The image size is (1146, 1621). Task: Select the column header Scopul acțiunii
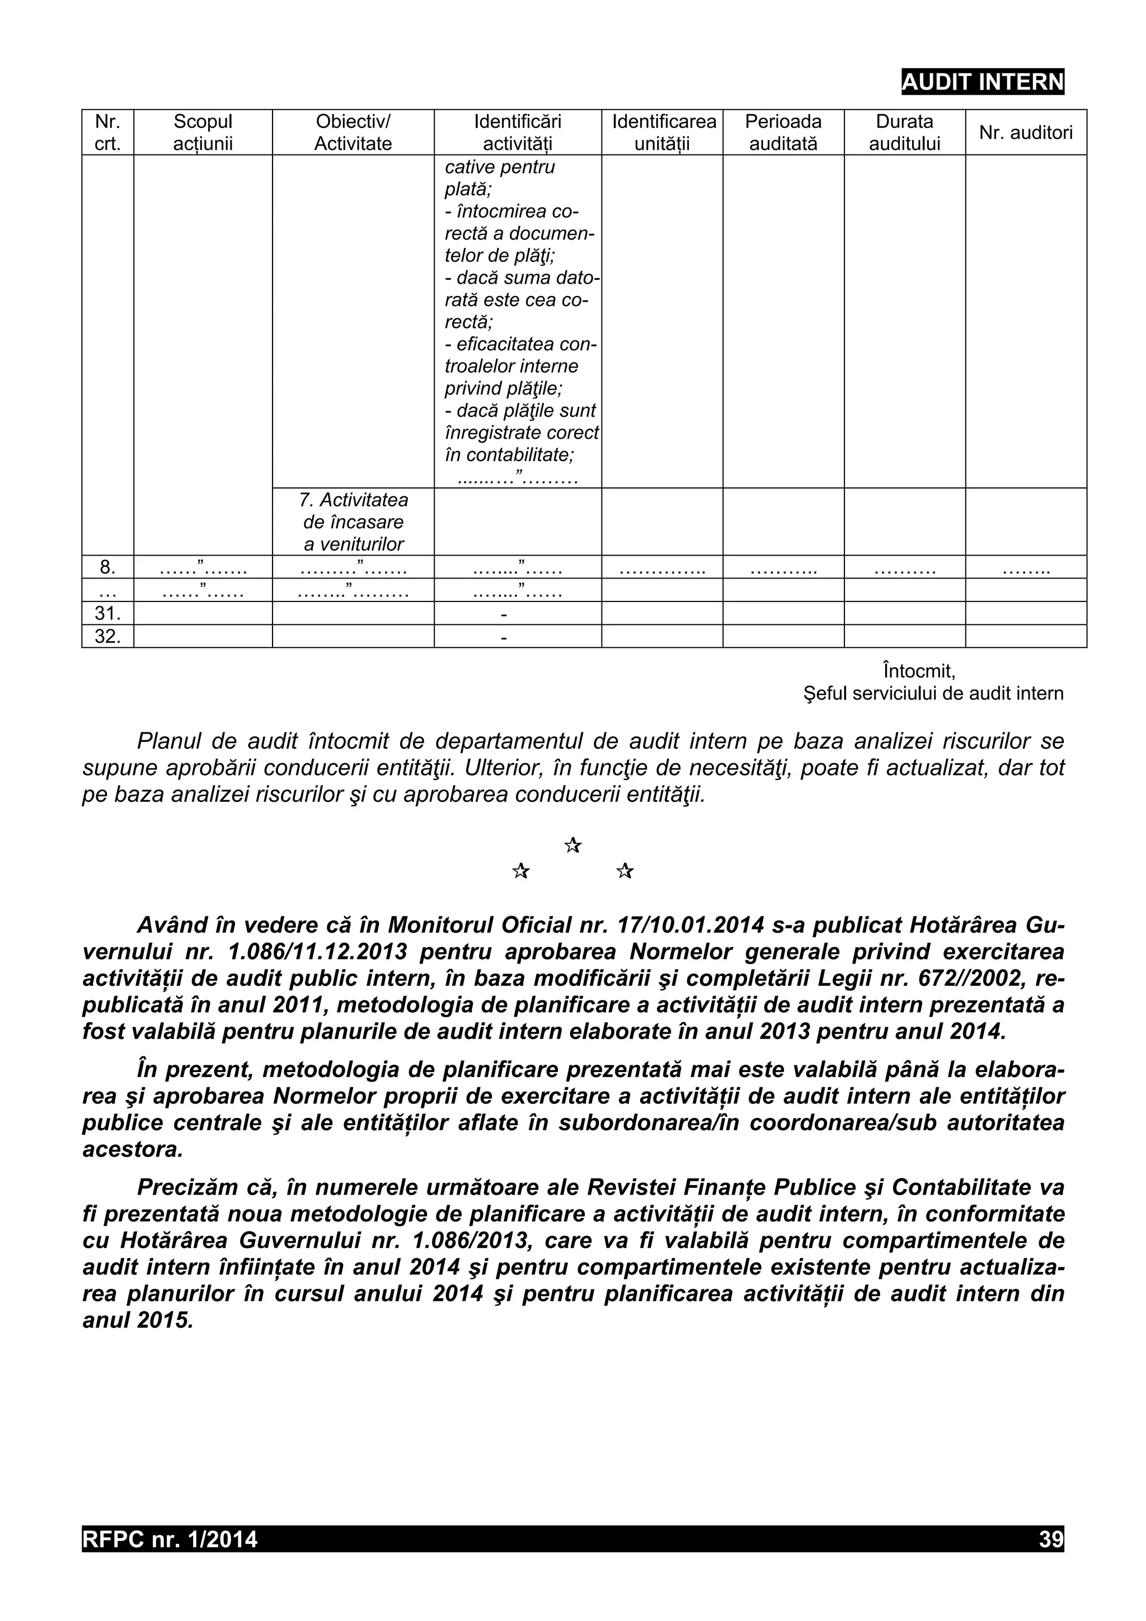[x=203, y=132]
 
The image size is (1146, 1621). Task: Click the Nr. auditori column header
[x=1025, y=132]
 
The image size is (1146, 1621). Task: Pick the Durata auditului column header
[x=904, y=132]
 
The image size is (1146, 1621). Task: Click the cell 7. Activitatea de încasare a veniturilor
[x=353, y=521]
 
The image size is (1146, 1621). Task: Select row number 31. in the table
[x=107, y=613]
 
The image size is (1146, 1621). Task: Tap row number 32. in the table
[x=107, y=636]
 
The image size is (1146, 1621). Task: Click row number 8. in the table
[x=107, y=567]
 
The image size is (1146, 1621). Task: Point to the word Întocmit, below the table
[x=918, y=669]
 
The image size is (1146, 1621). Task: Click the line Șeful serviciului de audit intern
[x=933, y=693]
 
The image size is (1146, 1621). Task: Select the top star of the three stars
[x=572, y=844]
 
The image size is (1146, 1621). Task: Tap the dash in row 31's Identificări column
[x=504, y=615]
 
